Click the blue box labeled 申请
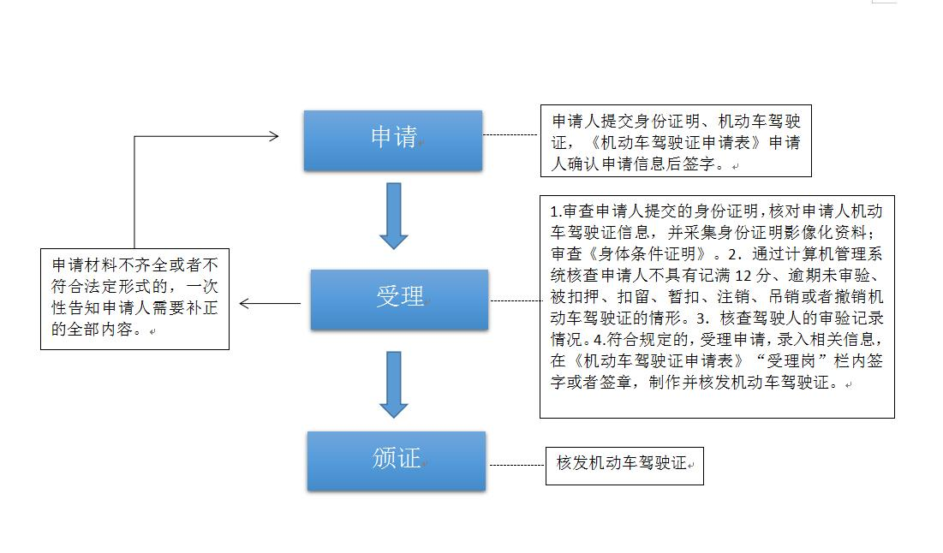pos(392,140)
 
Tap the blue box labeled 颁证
pos(396,460)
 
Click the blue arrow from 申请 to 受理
pos(393,215)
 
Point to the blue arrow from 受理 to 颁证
pos(393,384)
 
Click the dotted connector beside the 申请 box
pos(510,134)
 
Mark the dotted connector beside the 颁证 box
pos(516,466)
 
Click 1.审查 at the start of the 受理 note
pos(570,211)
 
